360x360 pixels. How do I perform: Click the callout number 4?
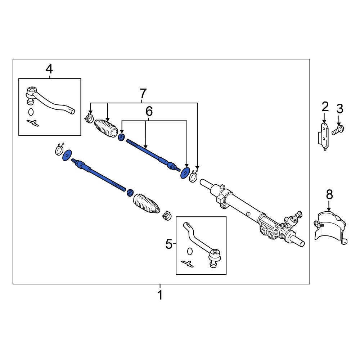(x=49, y=68)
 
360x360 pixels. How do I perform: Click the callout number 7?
(x=143, y=94)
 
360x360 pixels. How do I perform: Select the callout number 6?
(x=149, y=112)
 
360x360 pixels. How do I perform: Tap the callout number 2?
(x=325, y=107)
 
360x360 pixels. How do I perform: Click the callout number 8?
(x=329, y=195)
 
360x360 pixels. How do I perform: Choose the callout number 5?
(x=169, y=245)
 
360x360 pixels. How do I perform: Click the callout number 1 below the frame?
(x=160, y=295)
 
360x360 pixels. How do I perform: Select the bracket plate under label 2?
(x=324, y=136)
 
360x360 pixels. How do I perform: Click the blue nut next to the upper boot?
(x=122, y=137)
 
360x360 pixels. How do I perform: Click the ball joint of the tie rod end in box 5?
(x=215, y=255)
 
